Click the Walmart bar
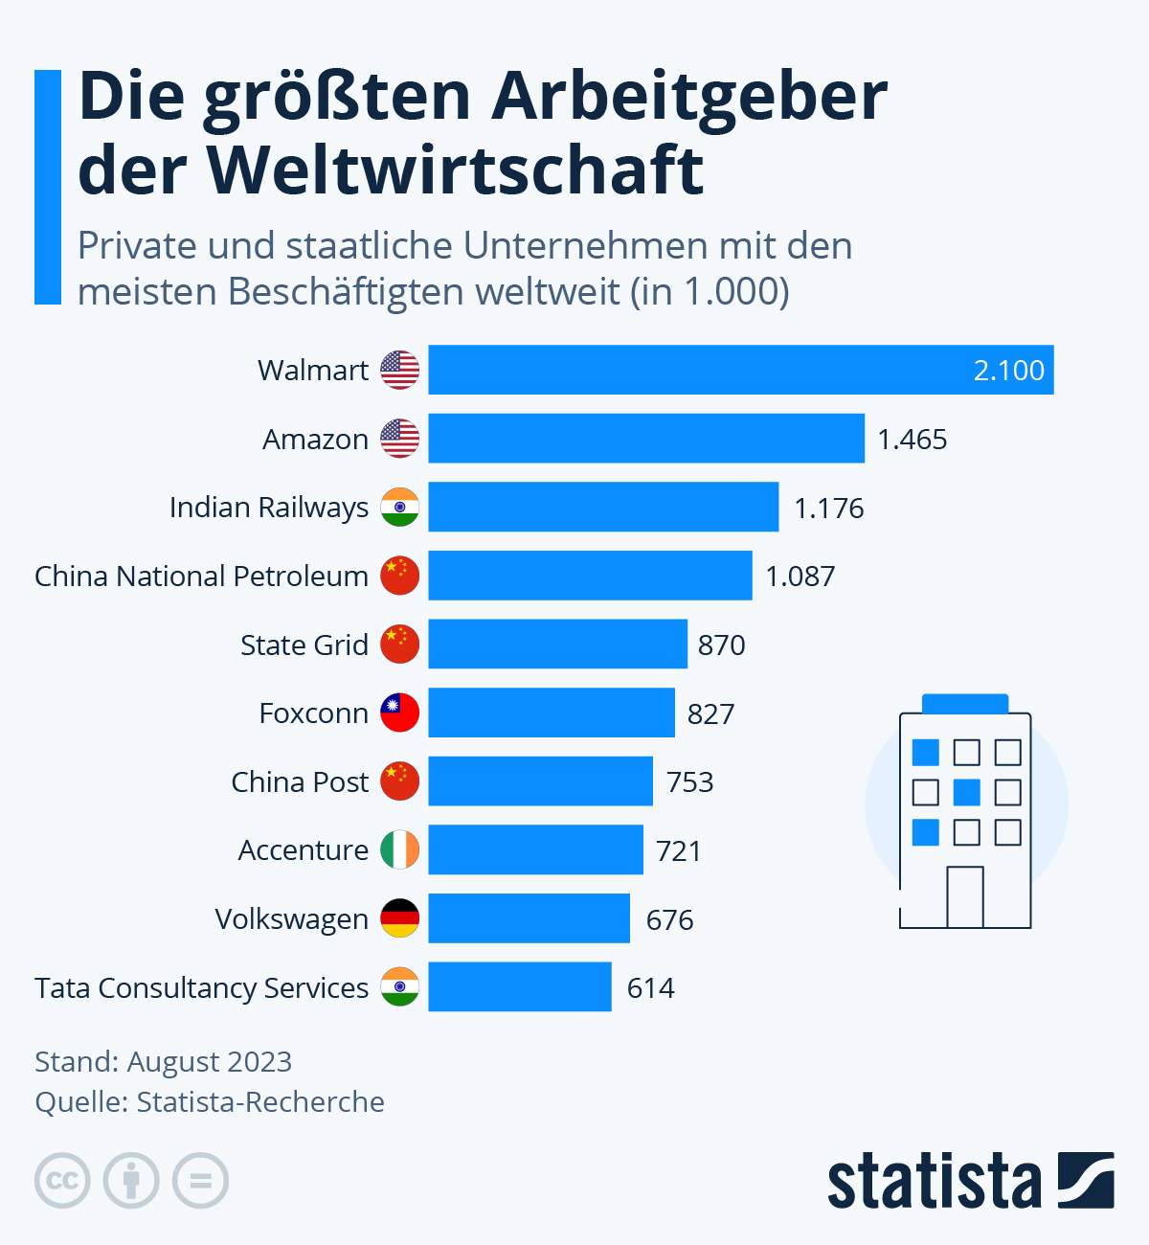(x=740, y=370)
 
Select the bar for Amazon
(x=646, y=439)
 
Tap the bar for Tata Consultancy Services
(x=520, y=986)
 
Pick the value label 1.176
(x=829, y=508)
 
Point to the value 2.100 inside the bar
(x=1008, y=371)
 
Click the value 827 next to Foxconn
(x=710, y=713)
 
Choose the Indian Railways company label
(x=269, y=508)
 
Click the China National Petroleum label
(x=201, y=577)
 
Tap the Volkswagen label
(x=291, y=919)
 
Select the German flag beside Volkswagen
(x=400, y=918)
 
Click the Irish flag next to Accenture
(x=400, y=849)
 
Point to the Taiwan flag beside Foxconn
(x=400, y=713)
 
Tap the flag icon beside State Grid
(x=400, y=645)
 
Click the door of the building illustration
(x=965, y=897)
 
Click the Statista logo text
(x=934, y=1182)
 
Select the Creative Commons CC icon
(x=62, y=1180)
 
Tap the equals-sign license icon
(x=200, y=1180)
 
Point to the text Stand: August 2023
(x=163, y=1061)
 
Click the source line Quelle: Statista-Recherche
(x=210, y=1102)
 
